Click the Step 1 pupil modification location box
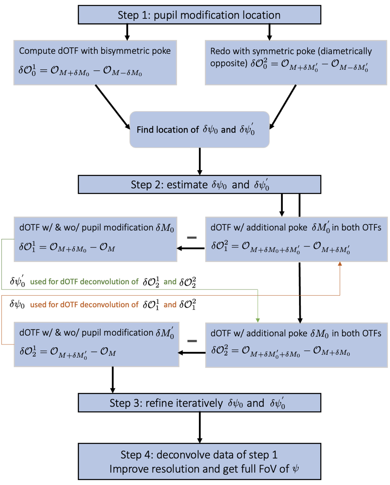tap(199, 15)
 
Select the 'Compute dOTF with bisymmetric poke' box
tap(95, 63)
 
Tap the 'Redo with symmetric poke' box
tap(296, 63)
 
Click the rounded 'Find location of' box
tap(199, 130)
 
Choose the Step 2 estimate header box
tap(199, 185)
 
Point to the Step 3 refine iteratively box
tap(199, 403)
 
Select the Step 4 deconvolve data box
tap(199, 462)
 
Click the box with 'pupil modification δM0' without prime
tap(95, 239)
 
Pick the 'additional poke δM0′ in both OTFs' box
tap(296, 239)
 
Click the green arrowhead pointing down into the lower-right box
tap(258, 320)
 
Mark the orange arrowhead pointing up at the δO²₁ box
tap(340, 264)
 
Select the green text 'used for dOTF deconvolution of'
tap(84, 282)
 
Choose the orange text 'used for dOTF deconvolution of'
tap(84, 305)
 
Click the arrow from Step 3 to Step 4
tap(200, 427)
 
